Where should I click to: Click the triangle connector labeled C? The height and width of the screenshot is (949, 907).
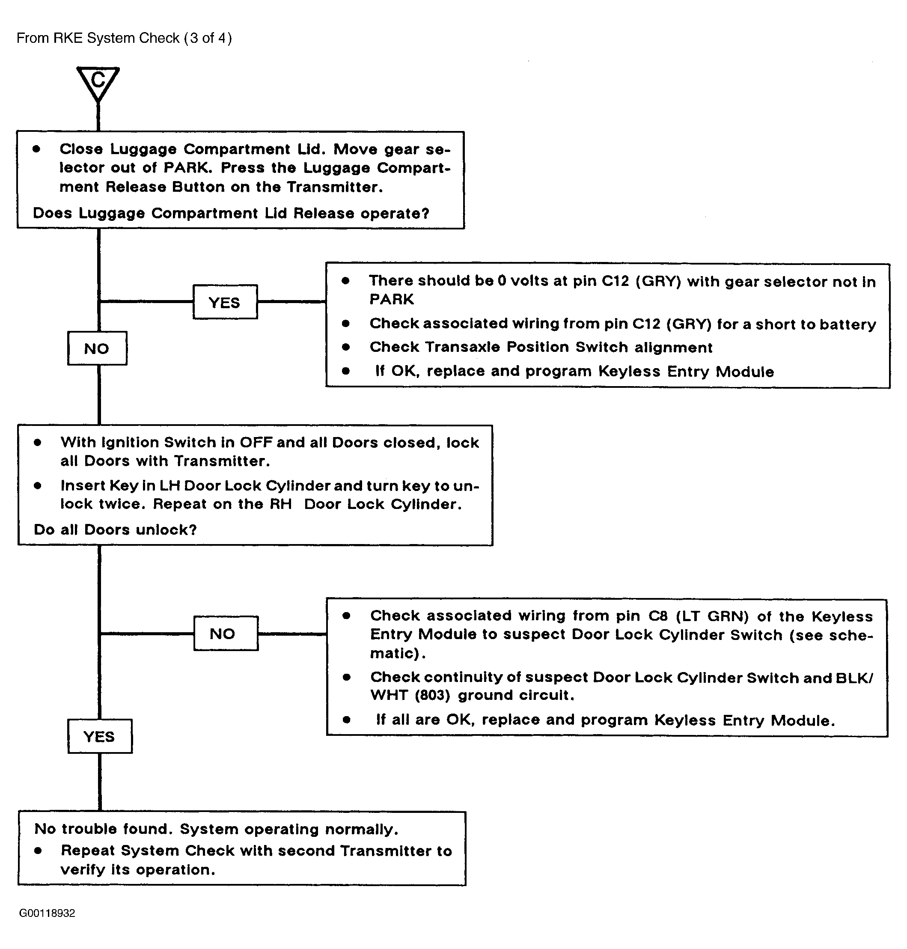98,82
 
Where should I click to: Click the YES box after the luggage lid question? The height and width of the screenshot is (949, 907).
225,302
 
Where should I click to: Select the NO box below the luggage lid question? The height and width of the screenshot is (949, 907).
97,348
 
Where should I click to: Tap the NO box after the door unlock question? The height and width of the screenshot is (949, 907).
226,634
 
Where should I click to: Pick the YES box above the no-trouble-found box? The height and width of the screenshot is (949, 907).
100,736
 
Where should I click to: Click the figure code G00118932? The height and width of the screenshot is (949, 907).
47,913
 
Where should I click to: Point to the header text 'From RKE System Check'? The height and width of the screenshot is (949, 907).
98,38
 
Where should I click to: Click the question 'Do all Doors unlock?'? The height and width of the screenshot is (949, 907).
115,530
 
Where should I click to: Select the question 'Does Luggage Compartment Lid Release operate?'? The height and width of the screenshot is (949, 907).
231,213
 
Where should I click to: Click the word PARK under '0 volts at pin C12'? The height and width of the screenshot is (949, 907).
392,299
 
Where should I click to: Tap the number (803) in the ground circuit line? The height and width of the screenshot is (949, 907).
432,695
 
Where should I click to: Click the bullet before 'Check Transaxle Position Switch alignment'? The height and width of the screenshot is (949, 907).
346,347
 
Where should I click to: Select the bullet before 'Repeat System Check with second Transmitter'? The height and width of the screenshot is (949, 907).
38,851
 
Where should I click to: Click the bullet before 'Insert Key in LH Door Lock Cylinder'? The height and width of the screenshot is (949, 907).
38,485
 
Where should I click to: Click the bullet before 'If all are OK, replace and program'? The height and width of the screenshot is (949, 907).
346,720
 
